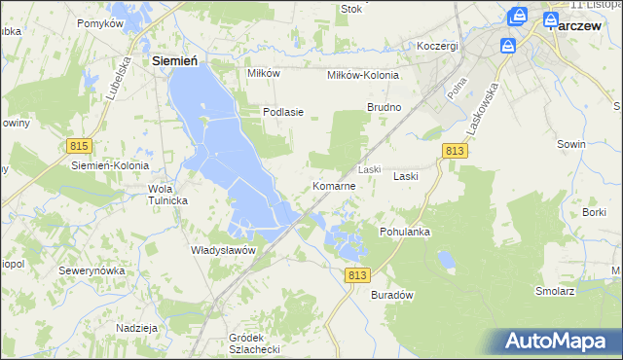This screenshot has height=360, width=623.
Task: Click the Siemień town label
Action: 176,61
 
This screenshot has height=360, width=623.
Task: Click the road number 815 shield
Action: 80,145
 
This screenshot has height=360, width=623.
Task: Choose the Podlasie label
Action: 283,112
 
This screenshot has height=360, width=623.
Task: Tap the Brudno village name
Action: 384,107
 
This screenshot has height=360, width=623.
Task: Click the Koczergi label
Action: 437,46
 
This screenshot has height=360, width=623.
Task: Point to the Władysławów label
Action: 223,250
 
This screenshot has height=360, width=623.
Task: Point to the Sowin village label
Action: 571,144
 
